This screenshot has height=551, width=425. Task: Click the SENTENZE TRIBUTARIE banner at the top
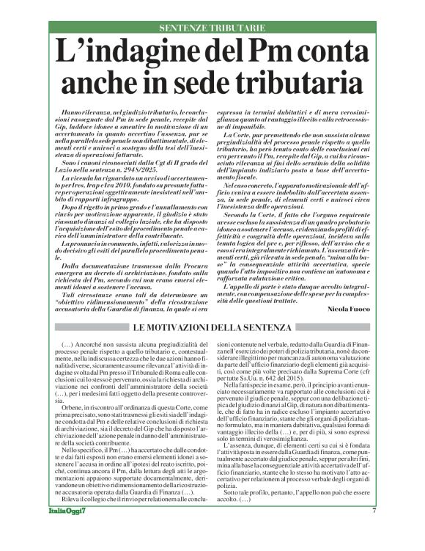click(212, 28)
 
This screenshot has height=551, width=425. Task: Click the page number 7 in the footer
click(374, 532)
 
